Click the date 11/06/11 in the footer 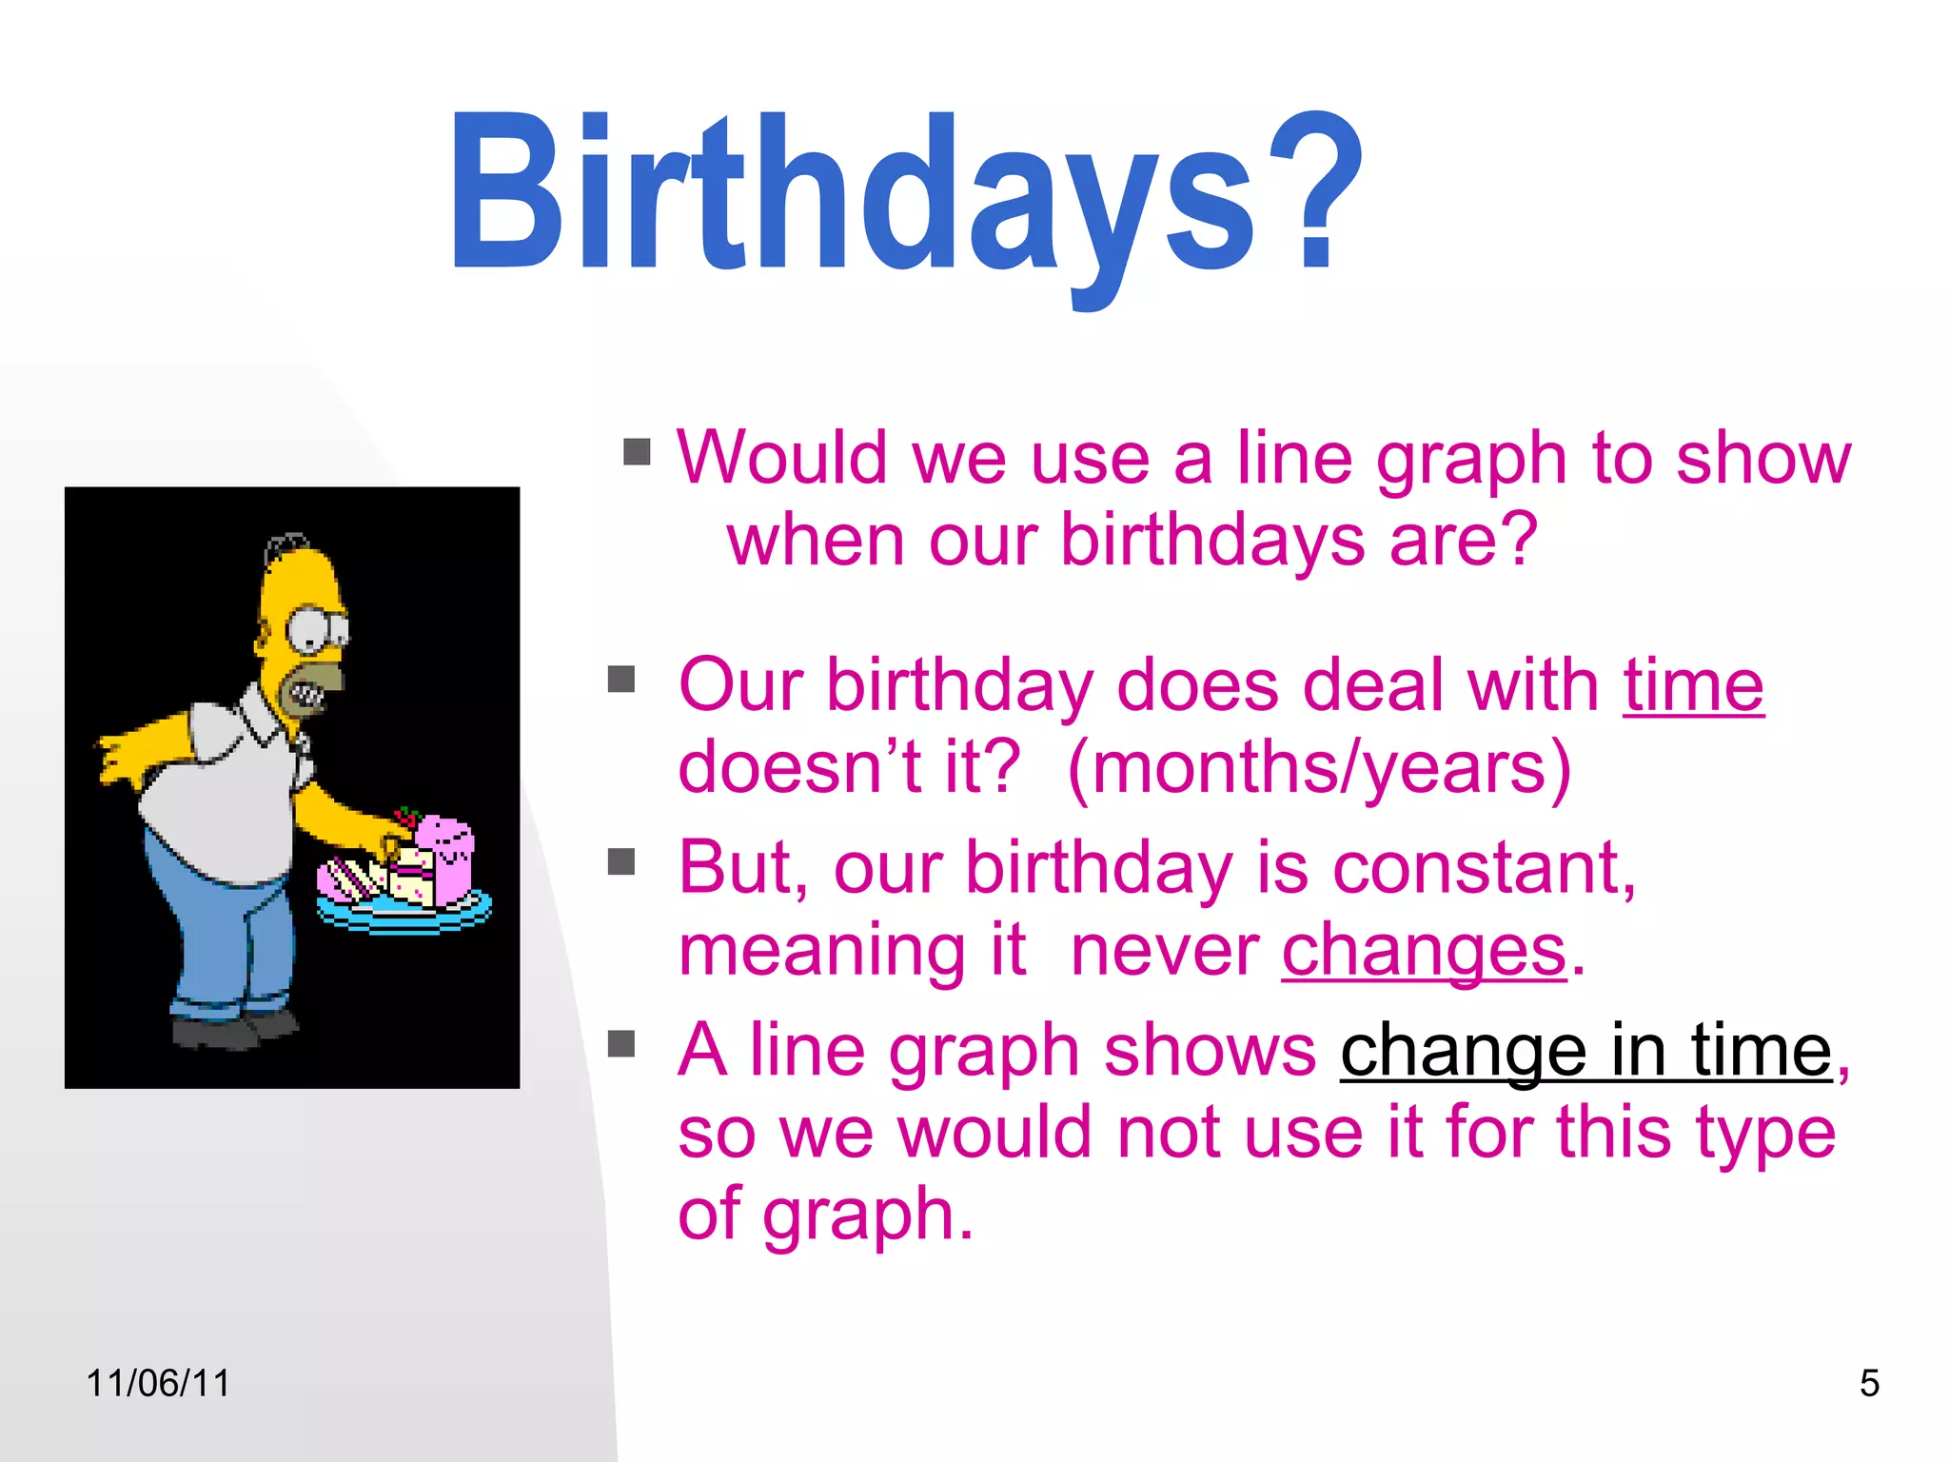click(158, 1383)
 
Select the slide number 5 click(1869, 1383)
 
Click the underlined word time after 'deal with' click(1693, 685)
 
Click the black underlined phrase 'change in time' click(1585, 1051)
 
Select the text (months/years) click(1319, 767)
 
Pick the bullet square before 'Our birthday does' click(621, 679)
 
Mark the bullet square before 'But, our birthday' click(621, 861)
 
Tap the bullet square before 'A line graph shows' click(621, 1043)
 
